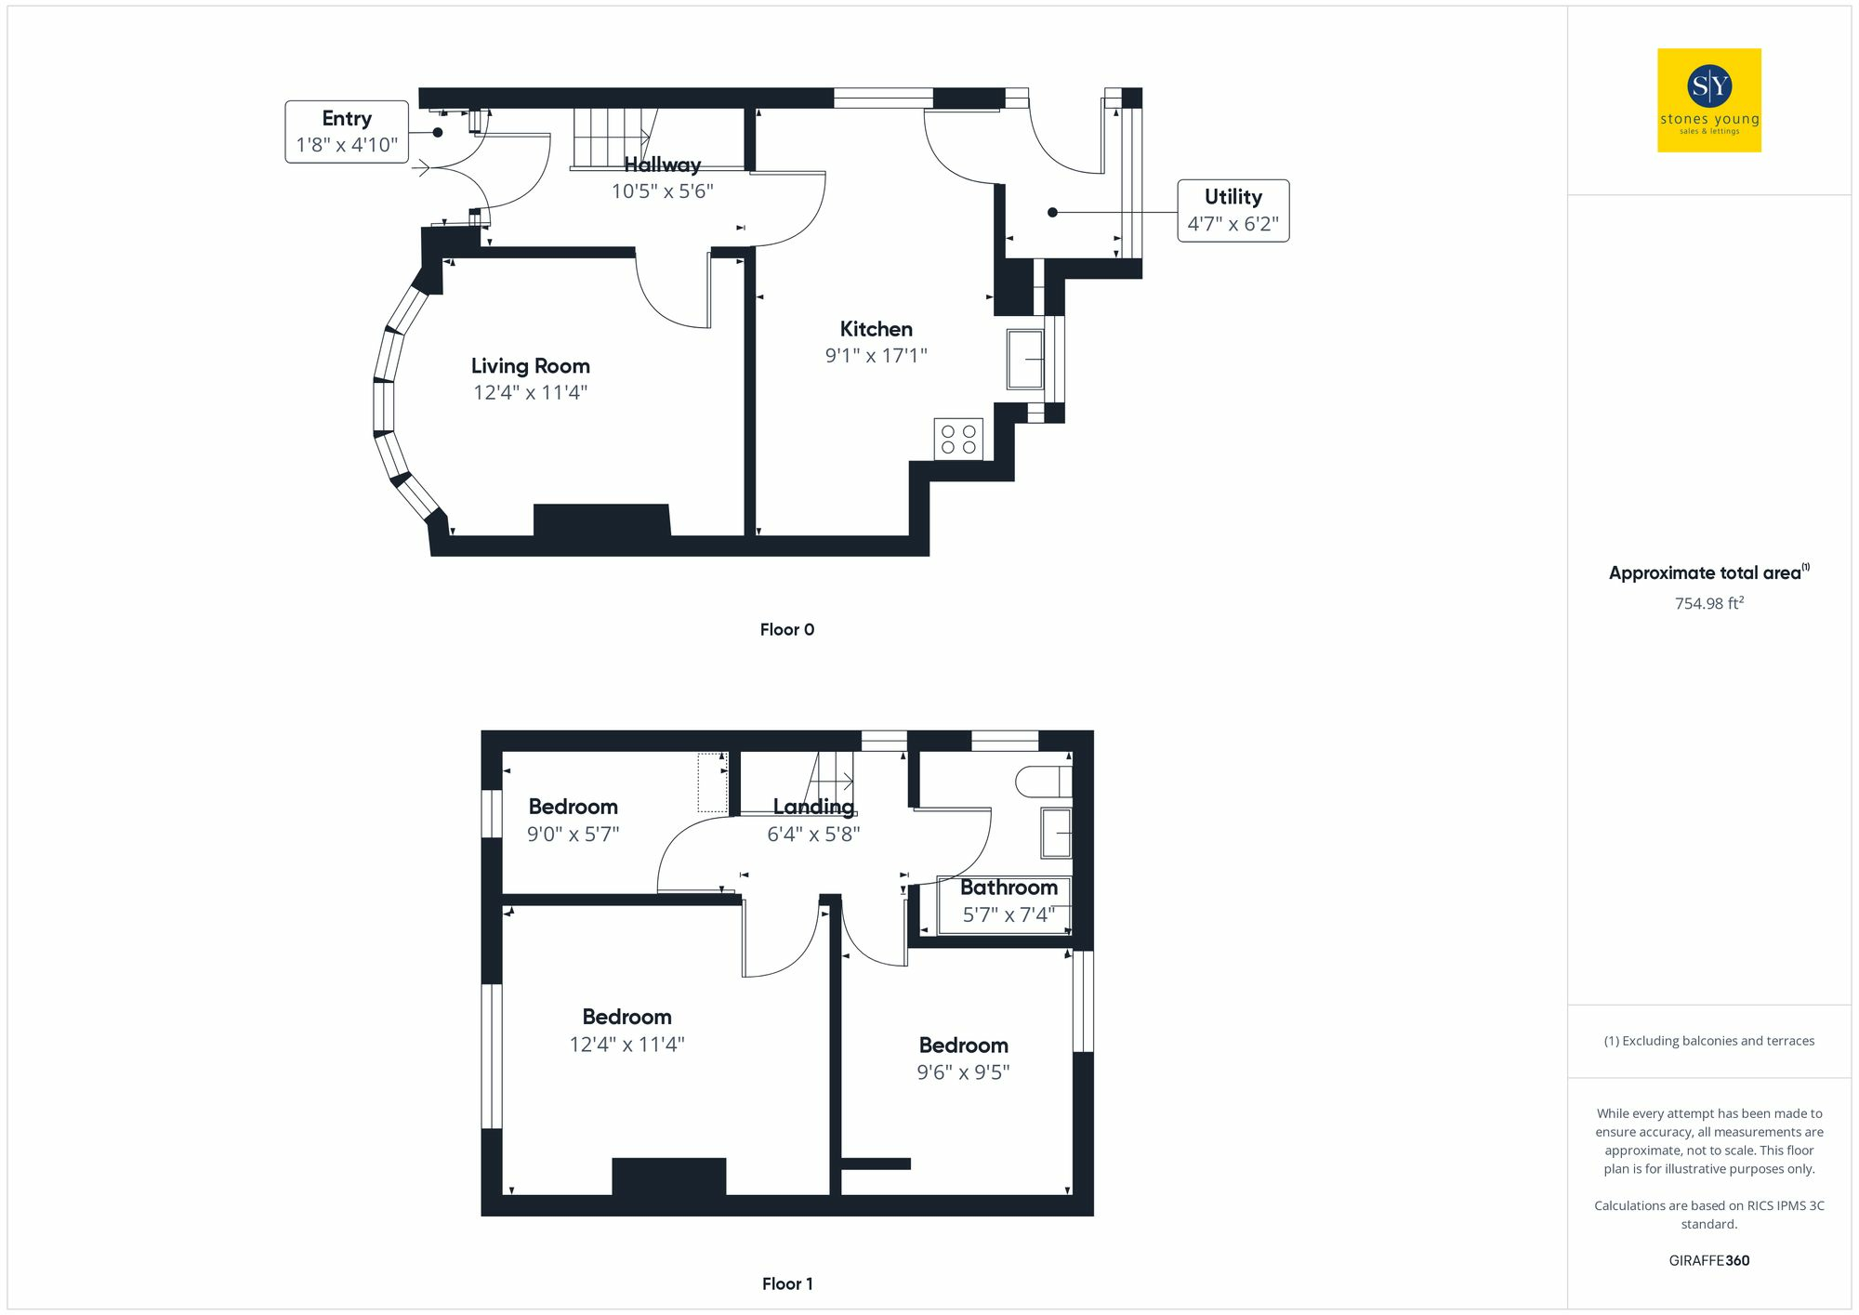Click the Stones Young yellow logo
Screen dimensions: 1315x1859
point(1708,100)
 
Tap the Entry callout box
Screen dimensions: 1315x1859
point(347,132)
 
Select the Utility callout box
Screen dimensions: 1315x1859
point(1233,211)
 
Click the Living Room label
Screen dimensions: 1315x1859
point(530,366)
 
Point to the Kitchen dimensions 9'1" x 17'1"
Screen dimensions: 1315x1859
point(876,355)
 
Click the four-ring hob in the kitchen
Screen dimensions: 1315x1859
point(958,440)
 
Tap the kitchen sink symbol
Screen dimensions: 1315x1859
point(1025,359)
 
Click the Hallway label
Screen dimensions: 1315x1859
point(662,165)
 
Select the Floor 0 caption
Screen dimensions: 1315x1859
point(786,630)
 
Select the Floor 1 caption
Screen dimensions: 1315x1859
point(786,1283)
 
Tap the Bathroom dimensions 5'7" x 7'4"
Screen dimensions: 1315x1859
point(1009,914)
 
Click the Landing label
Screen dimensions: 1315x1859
point(813,807)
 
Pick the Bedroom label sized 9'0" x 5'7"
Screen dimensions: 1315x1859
point(573,807)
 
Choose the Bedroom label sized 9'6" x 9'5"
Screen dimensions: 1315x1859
point(963,1045)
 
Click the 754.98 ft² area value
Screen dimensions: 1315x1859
point(1708,603)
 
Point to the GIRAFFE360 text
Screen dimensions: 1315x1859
point(1708,1260)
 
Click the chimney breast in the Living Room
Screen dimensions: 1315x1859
point(601,520)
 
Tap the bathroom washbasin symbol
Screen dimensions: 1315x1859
point(1056,833)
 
